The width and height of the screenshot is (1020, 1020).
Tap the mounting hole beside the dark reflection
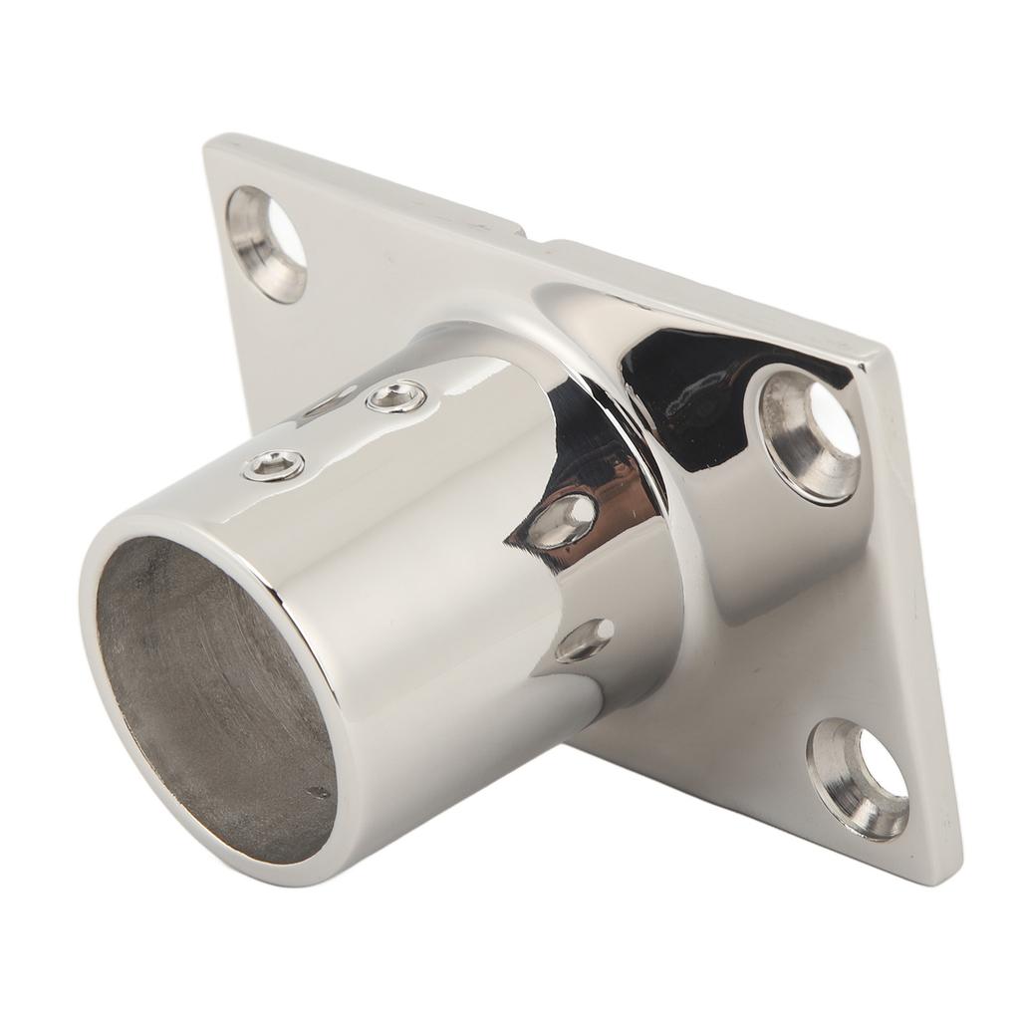click(x=812, y=434)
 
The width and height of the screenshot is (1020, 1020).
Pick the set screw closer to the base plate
click(x=396, y=398)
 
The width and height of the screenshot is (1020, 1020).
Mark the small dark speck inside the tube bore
click(x=318, y=792)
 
